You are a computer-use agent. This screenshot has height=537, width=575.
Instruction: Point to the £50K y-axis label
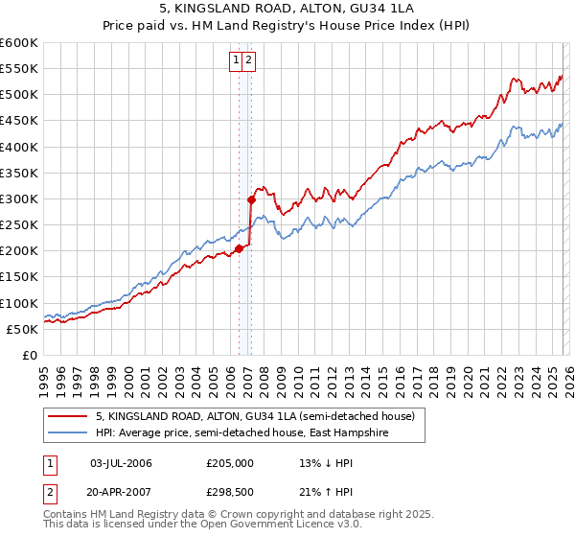pos(22,329)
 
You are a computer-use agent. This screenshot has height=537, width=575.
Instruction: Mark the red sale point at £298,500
pos(251,199)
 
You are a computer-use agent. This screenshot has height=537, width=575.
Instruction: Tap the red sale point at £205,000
pos(239,248)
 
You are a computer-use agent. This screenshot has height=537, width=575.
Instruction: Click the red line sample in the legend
pos(69,417)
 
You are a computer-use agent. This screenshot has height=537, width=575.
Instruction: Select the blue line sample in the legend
pos(69,433)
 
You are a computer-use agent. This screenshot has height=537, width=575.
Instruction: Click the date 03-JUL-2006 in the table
pos(120,463)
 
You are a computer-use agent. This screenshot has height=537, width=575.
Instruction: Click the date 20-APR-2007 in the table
pos(120,490)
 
